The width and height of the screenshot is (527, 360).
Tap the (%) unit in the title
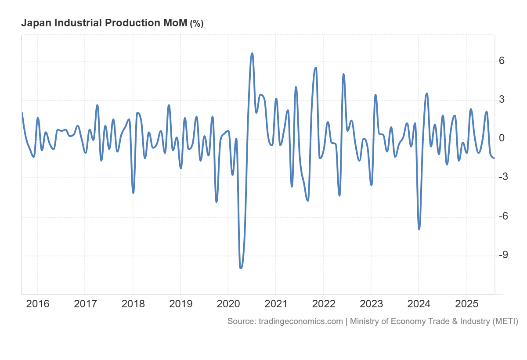tap(196, 24)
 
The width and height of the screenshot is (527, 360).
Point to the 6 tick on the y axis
tap(502, 61)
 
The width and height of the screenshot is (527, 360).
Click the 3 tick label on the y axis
tap(502, 100)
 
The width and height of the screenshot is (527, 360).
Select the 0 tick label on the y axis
tap(502, 138)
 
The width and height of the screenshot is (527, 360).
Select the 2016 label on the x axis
tap(37, 304)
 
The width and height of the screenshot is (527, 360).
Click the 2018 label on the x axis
tap(133, 304)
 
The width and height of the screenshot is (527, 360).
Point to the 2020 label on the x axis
tap(228, 304)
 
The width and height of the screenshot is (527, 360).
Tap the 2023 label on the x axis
tap(371, 304)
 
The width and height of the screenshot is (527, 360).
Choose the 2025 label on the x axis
tap(466, 304)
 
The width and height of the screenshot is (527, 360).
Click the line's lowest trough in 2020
tap(240, 267)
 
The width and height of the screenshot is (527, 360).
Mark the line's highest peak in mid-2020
tap(252, 54)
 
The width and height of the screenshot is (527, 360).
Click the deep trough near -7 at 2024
tap(419, 229)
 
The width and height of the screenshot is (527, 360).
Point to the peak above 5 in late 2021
tap(316, 68)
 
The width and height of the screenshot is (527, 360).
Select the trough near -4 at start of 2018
tap(133, 192)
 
